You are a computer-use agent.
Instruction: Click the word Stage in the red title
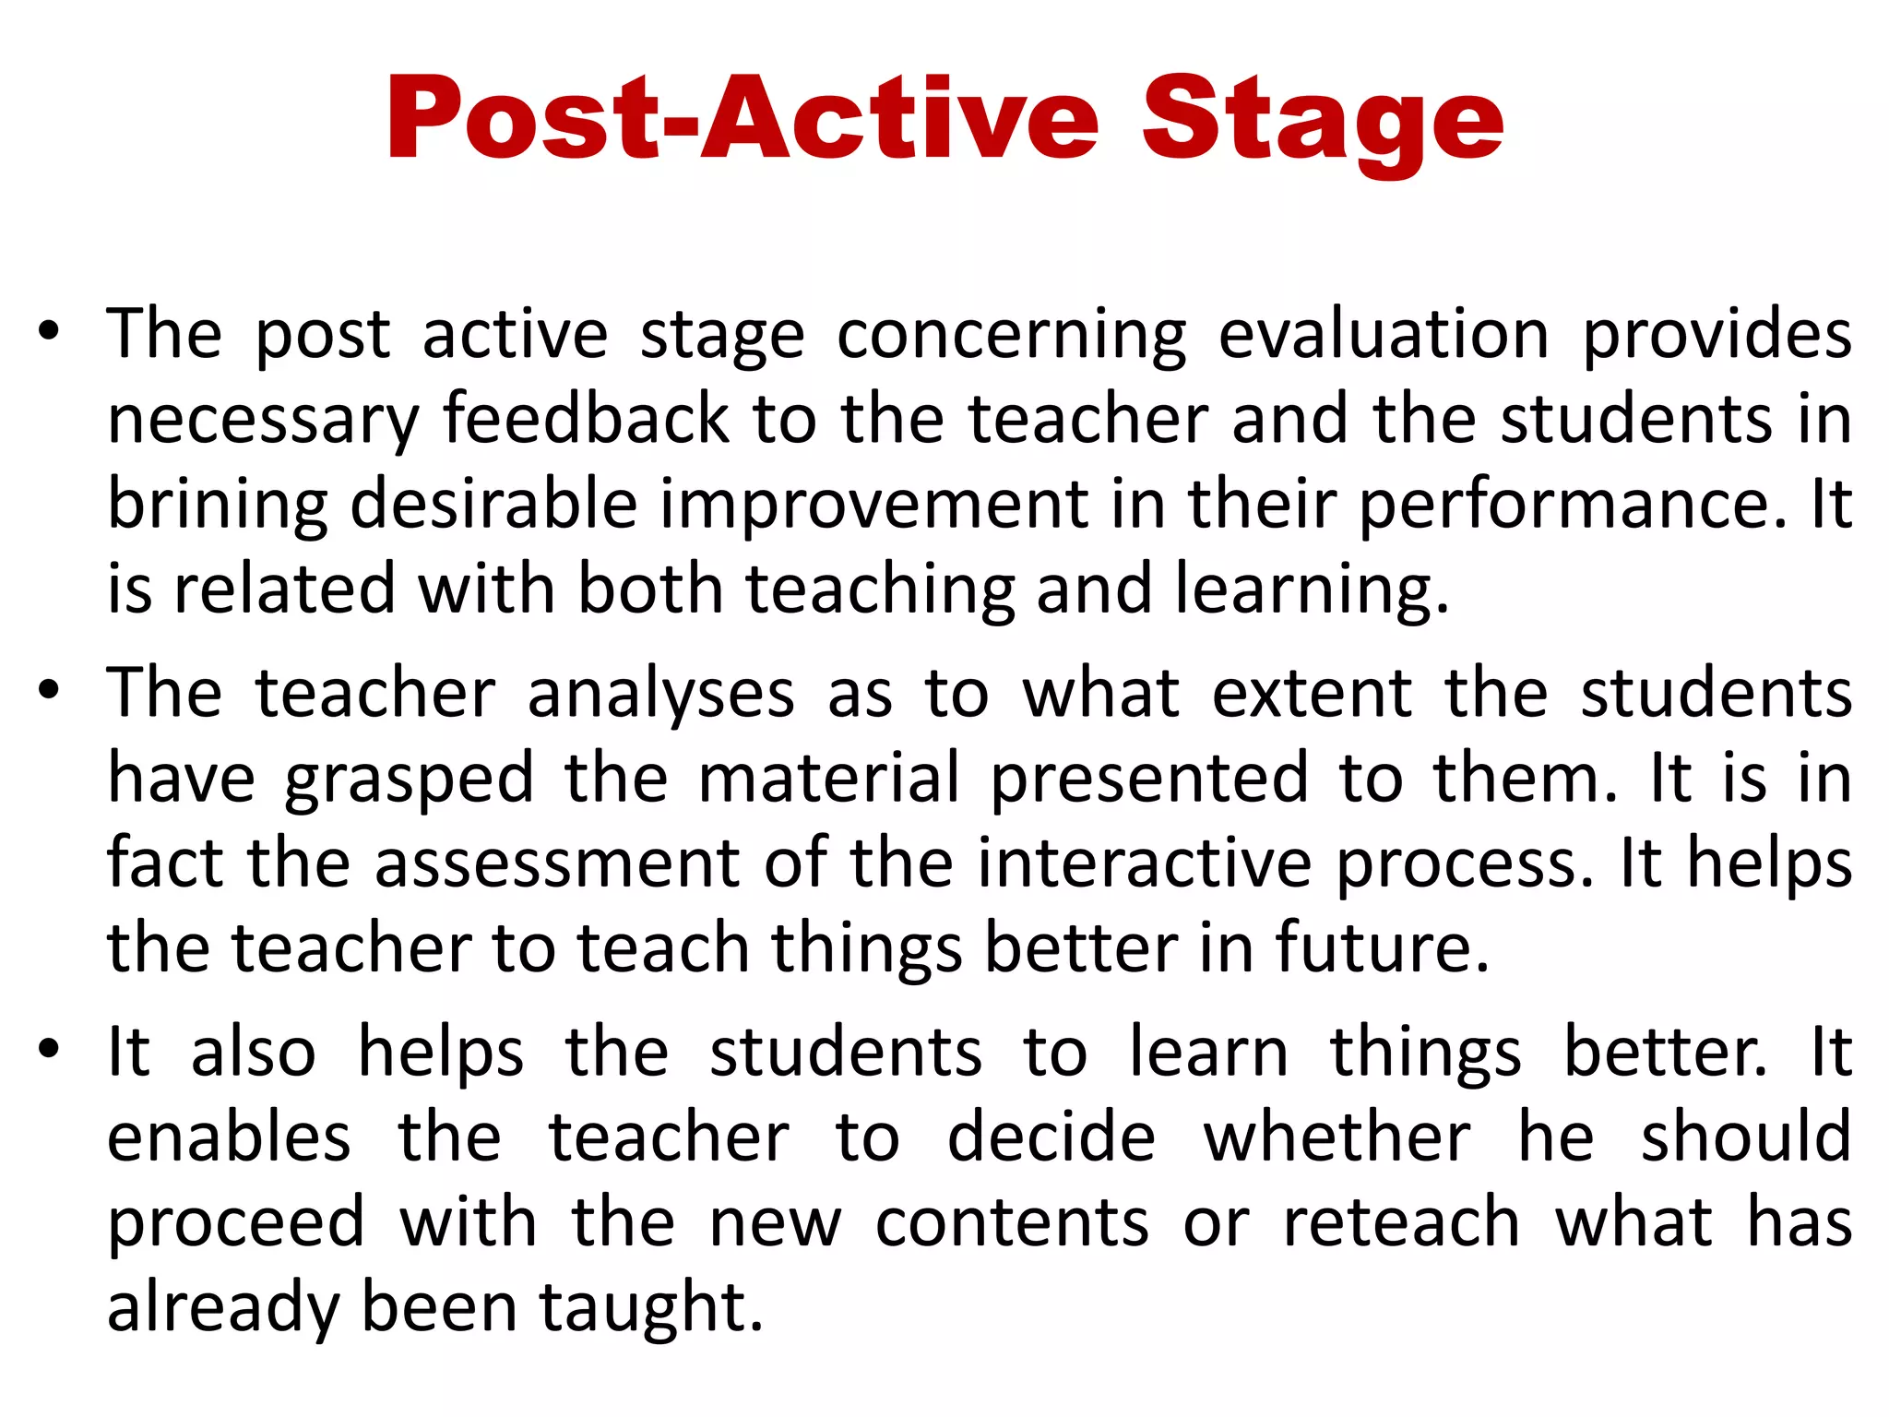[1323, 121]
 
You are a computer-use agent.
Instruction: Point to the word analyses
[660, 695]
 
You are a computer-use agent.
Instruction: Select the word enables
[229, 1137]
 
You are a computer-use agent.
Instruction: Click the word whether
[1337, 1137]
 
